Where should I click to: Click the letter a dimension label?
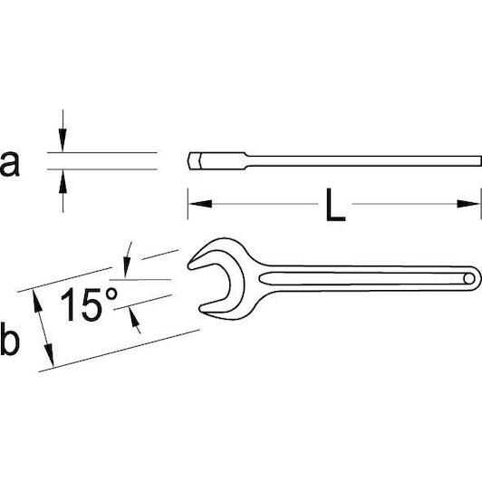pos(10,163)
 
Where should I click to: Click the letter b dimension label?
pos(10,338)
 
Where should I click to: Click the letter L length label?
pos(335,205)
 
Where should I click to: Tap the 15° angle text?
pos(89,304)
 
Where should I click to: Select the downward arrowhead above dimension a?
pos(63,140)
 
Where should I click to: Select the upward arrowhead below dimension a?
pos(63,181)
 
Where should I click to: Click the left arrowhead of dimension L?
pos(200,204)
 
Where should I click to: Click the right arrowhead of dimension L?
pos(468,204)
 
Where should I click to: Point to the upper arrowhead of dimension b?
pos(37,301)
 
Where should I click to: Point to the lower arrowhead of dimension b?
pos(49,355)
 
